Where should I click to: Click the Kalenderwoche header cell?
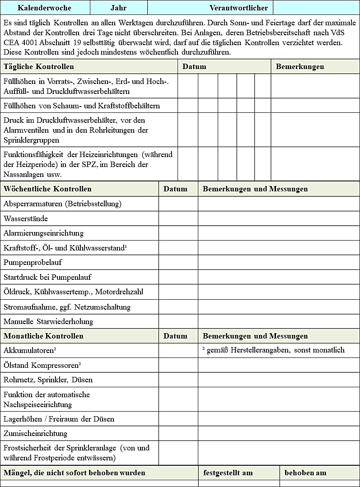click(x=44, y=8)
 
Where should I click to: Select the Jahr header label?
click(x=118, y=8)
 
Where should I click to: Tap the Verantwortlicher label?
click(x=238, y=8)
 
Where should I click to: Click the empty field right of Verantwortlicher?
click(x=316, y=8)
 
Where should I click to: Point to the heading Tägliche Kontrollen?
click(x=39, y=66)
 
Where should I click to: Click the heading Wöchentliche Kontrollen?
click(x=47, y=189)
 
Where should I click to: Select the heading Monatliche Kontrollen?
click(x=43, y=336)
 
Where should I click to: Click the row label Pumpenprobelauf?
click(x=33, y=262)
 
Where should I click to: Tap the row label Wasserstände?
click(x=26, y=218)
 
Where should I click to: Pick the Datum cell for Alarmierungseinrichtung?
click(x=178, y=233)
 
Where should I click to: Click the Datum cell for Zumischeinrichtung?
click(x=178, y=433)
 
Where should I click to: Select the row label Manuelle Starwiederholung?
click(x=48, y=321)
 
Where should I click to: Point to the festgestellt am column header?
click(x=228, y=473)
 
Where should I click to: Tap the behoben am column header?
click(x=305, y=473)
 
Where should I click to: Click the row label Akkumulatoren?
click(x=30, y=350)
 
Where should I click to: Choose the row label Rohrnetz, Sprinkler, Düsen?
click(x=48, y=380)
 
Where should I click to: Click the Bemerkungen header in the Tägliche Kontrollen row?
click(x=300, y=66)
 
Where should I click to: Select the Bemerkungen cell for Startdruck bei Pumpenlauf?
click(x=278, y=277)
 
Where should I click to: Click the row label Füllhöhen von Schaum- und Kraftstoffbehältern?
click(x=82, y=106)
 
